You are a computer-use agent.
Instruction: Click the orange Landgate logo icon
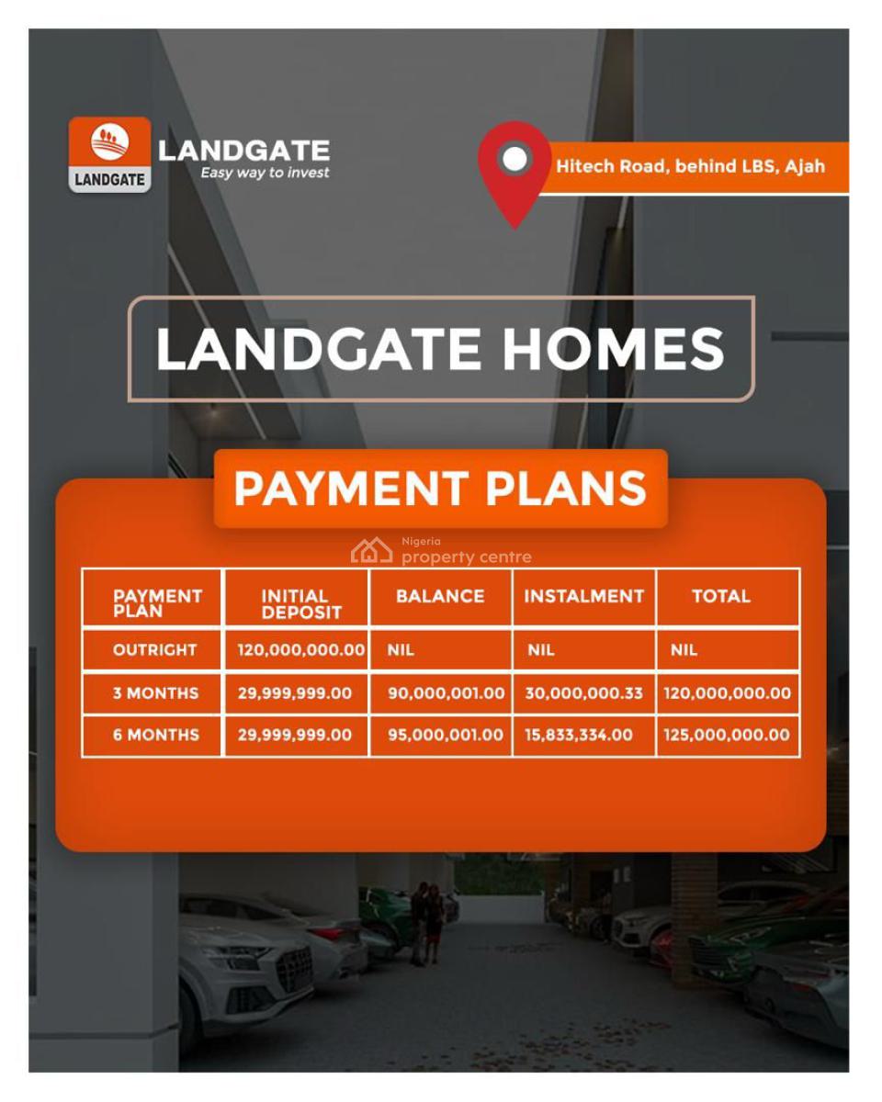[109, 153]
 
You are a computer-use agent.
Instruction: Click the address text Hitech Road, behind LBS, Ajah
[690, 166]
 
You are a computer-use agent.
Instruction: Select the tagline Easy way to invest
[265, 173]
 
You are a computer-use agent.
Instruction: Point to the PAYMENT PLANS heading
[440, 489]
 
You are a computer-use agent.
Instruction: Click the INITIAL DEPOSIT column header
[296, 603]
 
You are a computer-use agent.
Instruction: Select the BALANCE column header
[440, 596]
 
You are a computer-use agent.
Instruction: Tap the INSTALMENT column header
[583, 596]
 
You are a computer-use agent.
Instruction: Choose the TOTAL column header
[721, 596]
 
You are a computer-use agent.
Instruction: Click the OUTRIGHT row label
[154, 650]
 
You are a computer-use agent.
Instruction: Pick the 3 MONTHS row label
[155, 693]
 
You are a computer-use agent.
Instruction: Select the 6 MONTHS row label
[155, 735]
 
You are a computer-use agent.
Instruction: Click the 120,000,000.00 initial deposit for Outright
[300, 650]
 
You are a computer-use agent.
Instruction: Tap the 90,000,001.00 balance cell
[446, 693]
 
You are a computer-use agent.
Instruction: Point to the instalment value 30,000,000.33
[583, 693]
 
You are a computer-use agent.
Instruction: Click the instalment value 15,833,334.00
[579, 735]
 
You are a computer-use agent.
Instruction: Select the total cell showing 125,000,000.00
[727, 735]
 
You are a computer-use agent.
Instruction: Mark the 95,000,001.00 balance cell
[446, 735]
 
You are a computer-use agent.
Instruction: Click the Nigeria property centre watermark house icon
[371, 551]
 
